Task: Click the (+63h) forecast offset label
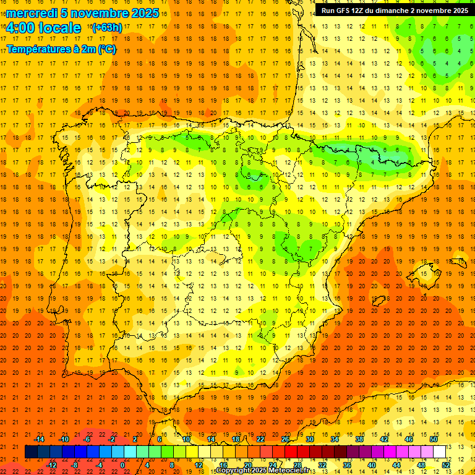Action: click(106, 28)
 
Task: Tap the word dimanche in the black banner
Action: click(395, 11)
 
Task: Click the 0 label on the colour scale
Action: click(122, 464)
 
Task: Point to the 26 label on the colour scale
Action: click(285, 439)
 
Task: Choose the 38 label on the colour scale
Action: click(359, 439)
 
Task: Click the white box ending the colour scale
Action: click(439, 452)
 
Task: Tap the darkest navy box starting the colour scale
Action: click(31, 452)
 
